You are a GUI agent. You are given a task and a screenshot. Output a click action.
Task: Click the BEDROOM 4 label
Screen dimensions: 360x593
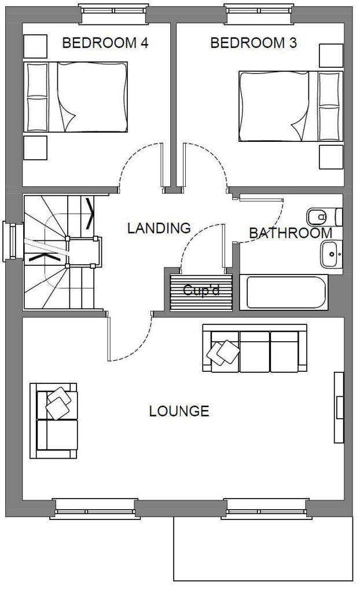pos(105,43)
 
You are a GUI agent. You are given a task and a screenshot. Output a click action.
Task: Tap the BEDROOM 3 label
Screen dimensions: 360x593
pos(254,43)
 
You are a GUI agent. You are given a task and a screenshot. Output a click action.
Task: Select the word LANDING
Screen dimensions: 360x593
pos(159,228)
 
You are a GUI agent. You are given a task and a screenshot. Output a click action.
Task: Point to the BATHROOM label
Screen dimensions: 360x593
pos(291,233)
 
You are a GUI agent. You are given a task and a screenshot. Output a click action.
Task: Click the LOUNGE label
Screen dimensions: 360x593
pos(179,411)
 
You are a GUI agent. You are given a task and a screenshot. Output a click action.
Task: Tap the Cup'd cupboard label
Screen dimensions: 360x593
pos(201,291)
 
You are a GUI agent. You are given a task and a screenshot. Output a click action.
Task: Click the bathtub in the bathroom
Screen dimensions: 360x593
pos(284,292)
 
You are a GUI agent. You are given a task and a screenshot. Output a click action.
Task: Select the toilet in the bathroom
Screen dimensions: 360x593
pos(325,217)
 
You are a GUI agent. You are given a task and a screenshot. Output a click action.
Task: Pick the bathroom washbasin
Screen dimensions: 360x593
pos(331,254)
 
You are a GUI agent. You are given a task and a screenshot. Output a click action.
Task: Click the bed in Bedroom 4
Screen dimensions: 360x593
pos(76,97)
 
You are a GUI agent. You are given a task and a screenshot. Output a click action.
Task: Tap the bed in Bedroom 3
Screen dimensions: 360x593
pos(291,106)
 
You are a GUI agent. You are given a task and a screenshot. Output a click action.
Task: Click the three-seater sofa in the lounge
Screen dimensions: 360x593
pos(255,348)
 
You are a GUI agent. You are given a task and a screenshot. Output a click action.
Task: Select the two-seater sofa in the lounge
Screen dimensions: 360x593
pos(54,420)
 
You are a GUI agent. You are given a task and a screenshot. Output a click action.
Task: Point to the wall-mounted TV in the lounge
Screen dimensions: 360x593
pos(339,407)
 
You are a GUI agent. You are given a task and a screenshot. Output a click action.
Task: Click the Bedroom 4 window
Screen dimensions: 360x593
pos(113,14)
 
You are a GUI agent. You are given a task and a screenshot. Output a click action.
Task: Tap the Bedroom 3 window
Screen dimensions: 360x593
pos(259,14)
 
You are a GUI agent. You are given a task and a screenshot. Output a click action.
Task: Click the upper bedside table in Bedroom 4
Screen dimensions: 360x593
pos(35,46)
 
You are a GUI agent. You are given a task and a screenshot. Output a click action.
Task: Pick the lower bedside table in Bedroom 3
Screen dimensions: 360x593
pos(331,157)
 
